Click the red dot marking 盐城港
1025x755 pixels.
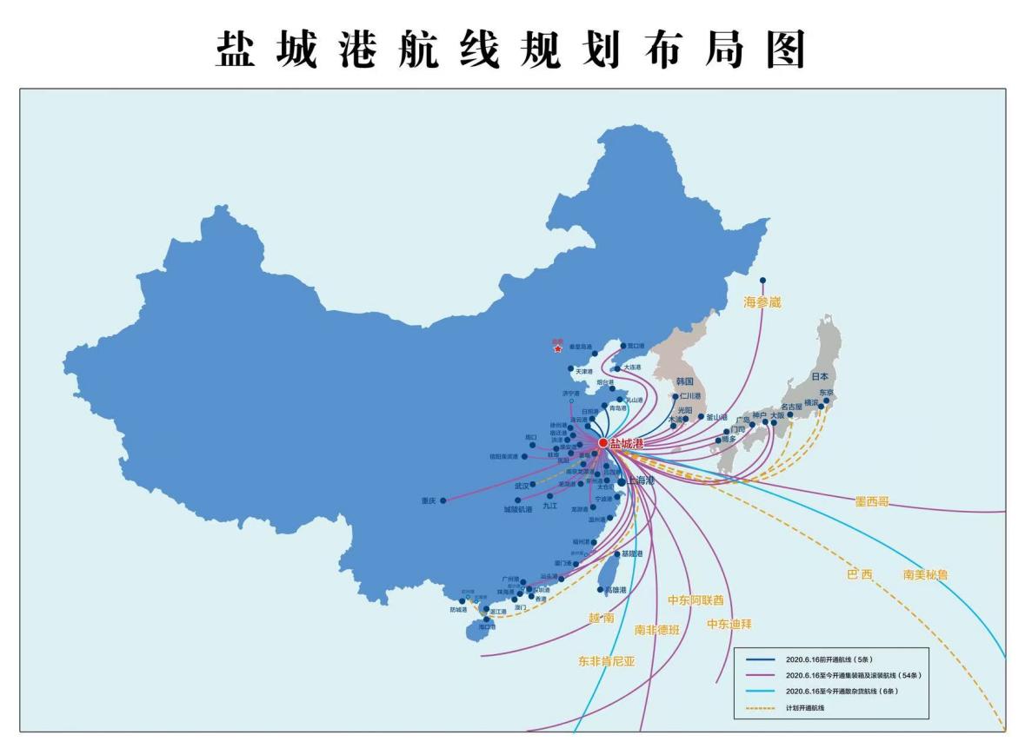603,442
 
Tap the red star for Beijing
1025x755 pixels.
557,349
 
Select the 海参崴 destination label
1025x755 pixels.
762,302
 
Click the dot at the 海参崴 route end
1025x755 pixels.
762,281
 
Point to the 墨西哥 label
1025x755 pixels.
871,501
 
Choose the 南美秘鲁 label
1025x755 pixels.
925,574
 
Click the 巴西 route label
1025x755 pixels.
859,574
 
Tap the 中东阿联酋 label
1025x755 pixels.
695,600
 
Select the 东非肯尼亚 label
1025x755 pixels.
607,661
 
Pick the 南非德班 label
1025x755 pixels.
656,630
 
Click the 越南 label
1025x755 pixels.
601,618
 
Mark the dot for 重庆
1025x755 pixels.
443,500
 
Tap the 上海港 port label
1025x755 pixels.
642,480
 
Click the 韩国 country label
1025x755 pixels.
685,381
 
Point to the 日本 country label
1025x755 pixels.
820,376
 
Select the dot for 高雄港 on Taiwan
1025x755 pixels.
601,590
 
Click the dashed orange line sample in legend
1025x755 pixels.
760,708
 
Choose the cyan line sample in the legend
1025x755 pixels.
760,692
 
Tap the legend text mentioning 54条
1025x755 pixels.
852,675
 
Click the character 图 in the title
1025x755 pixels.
785,50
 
